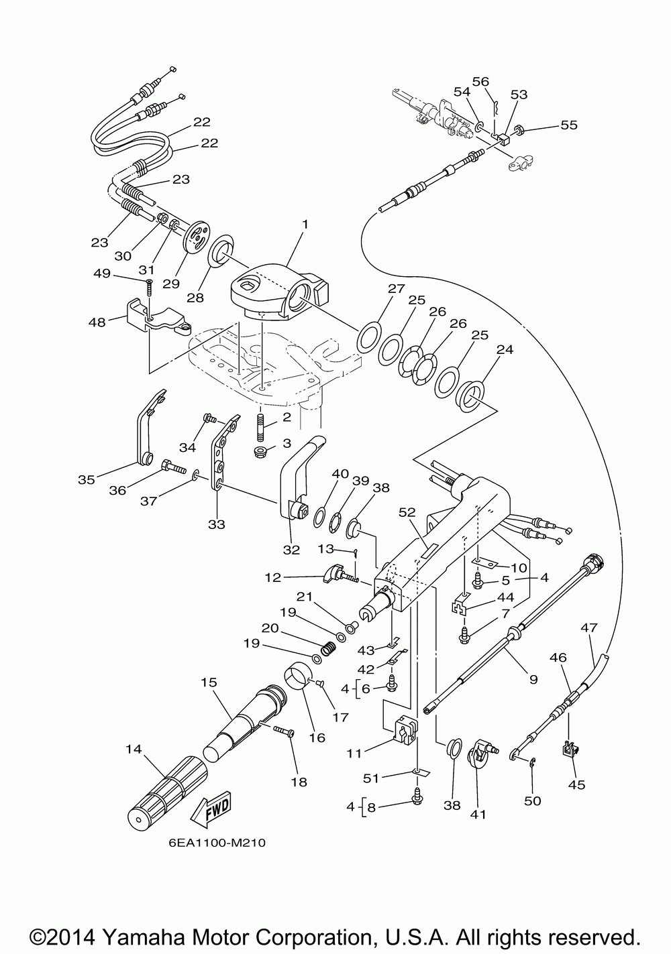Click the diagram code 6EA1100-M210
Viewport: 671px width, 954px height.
pyautogui.click(x=213, y=843)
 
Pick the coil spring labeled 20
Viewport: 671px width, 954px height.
pyautogui.click(x=328, y=648)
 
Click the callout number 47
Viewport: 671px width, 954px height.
pyautogui.click(x=588, y=628)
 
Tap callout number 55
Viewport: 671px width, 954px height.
pyautogui.click(x=569, y=125)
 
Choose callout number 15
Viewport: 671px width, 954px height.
pyautogui.click(x=209, y=682)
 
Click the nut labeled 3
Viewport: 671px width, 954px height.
pyautogui.click(x=261, y=451)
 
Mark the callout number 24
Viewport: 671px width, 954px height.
pyautogui.click(x=505, y=349)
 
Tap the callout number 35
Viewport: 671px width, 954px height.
pyautogui.click(x=87, y=479)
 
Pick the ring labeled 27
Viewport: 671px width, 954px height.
pyautogui.click(x=369, y=337)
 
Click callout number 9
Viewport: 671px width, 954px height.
pyautogui.click(x=533, y=678)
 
